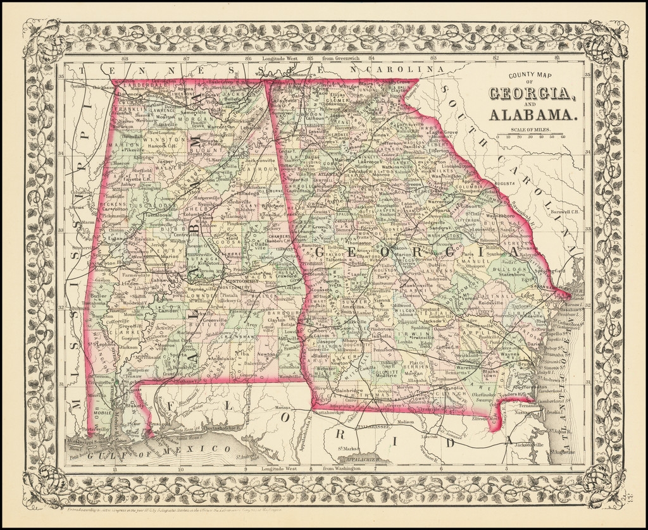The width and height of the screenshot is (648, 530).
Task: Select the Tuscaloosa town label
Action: click(x=153, y=214)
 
